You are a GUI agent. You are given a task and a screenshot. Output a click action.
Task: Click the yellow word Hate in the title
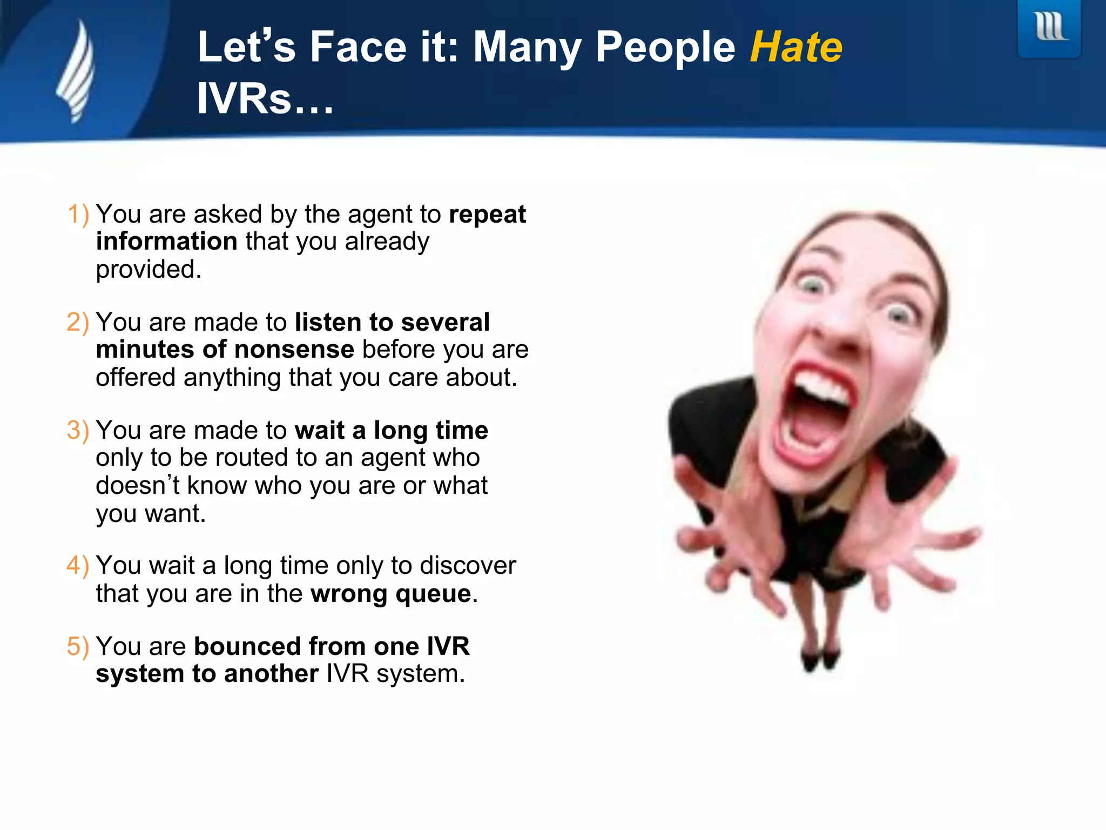click(796, 48)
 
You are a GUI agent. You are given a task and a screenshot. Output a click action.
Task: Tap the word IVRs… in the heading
click(265, 99)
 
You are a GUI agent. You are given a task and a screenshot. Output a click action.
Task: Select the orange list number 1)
click(78, 214)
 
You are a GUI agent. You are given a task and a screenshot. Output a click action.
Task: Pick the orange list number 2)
click(78, 322)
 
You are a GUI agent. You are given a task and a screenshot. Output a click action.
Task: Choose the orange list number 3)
click(78, 430)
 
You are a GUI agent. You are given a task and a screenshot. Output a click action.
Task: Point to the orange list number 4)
click(78, 565)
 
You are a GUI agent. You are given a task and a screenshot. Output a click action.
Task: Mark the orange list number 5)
click(78, 646)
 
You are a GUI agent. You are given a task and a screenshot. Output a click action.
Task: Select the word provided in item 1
click(149, 269)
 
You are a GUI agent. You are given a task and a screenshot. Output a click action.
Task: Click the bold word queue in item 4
click(433, 594)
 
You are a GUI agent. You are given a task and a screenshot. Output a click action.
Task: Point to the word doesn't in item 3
click(138, 485)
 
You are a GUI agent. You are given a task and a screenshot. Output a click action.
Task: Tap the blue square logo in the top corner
click(1049, 28)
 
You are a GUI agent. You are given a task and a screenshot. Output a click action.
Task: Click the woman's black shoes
click(821, 659)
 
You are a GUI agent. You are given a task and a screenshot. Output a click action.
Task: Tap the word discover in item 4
click(468, 566)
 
